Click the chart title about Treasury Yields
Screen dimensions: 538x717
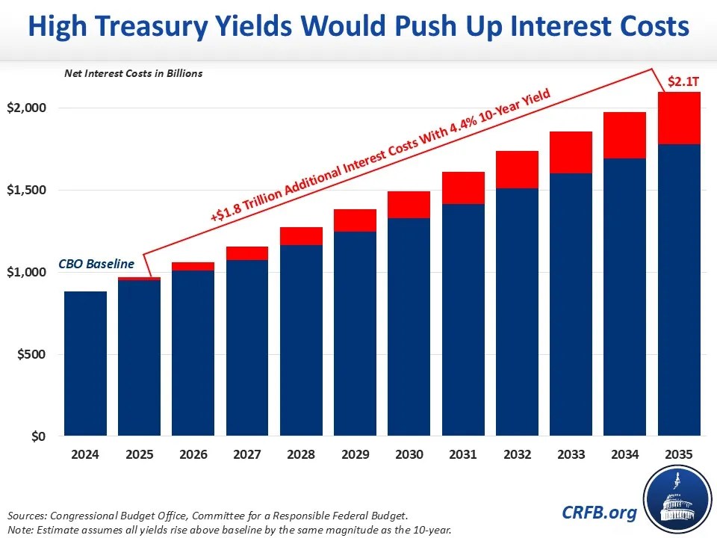pyautogui.click(x=358, y=28)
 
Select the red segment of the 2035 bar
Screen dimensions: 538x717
pyautogui.click(x=679, y=118)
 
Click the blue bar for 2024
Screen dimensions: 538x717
pyautogui.click(x=85, y=363)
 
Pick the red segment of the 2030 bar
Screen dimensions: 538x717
pyautogui.click(x=409, y=205)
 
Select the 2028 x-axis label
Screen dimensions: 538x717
pyautogui.click(x=301, y=454)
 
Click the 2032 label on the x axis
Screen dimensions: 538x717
pyautogui.click(x=517, y=454)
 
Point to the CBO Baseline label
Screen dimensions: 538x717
pyautogui.click(x=96, y=264)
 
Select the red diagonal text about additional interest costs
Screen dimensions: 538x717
pyautogui.click(x=381, y=155)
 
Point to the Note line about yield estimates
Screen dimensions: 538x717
pyautogui.click(x=229, y=529)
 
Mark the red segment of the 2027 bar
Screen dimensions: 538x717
pyautogui.click(x=247, y=253)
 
